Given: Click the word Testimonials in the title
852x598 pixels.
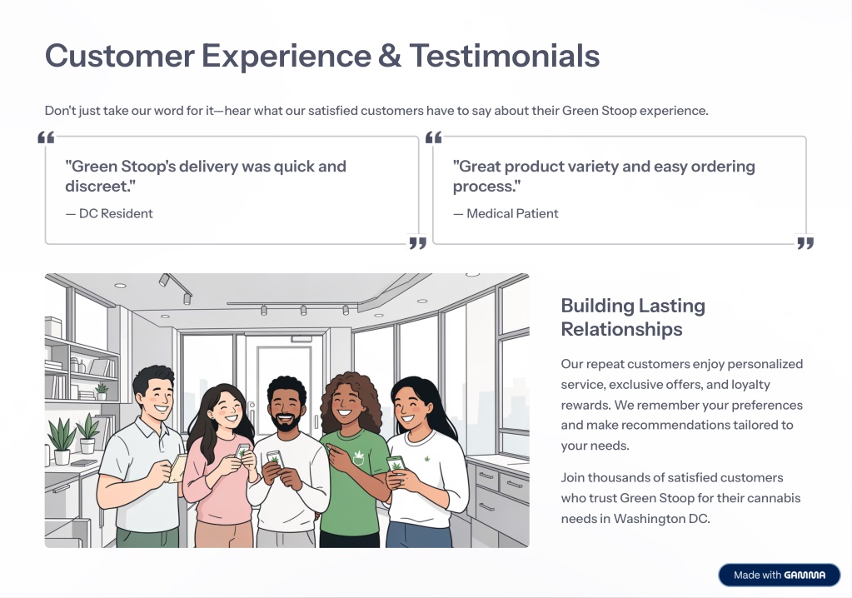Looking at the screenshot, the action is [x=504, y=56].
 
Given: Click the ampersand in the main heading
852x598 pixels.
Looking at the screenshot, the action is [x=390, y=56].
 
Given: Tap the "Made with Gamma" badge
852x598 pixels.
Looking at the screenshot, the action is [x=780, y=575].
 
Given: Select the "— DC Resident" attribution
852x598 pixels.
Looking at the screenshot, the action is [x=109, y=213].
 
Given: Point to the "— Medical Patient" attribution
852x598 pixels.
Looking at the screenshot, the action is [x=506, y=213].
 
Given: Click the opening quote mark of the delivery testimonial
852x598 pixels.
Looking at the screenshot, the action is [x=46, y=137].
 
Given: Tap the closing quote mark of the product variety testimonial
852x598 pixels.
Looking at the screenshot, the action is [x=805, y=243].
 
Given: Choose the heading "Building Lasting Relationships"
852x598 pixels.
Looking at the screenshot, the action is [x=633, y=317].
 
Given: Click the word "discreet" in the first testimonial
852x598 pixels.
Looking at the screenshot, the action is [x=97, y=186].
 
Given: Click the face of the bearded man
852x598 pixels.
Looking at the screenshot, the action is [x=286, y=409].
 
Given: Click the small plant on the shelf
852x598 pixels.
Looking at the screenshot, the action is [x=102, y=391].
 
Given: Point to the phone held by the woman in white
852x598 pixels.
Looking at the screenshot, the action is [x=396, y=464].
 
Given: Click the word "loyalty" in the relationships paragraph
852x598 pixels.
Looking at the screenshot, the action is [x=750, y=385].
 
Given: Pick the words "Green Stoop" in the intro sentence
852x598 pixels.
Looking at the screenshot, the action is [x=600, y=110].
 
